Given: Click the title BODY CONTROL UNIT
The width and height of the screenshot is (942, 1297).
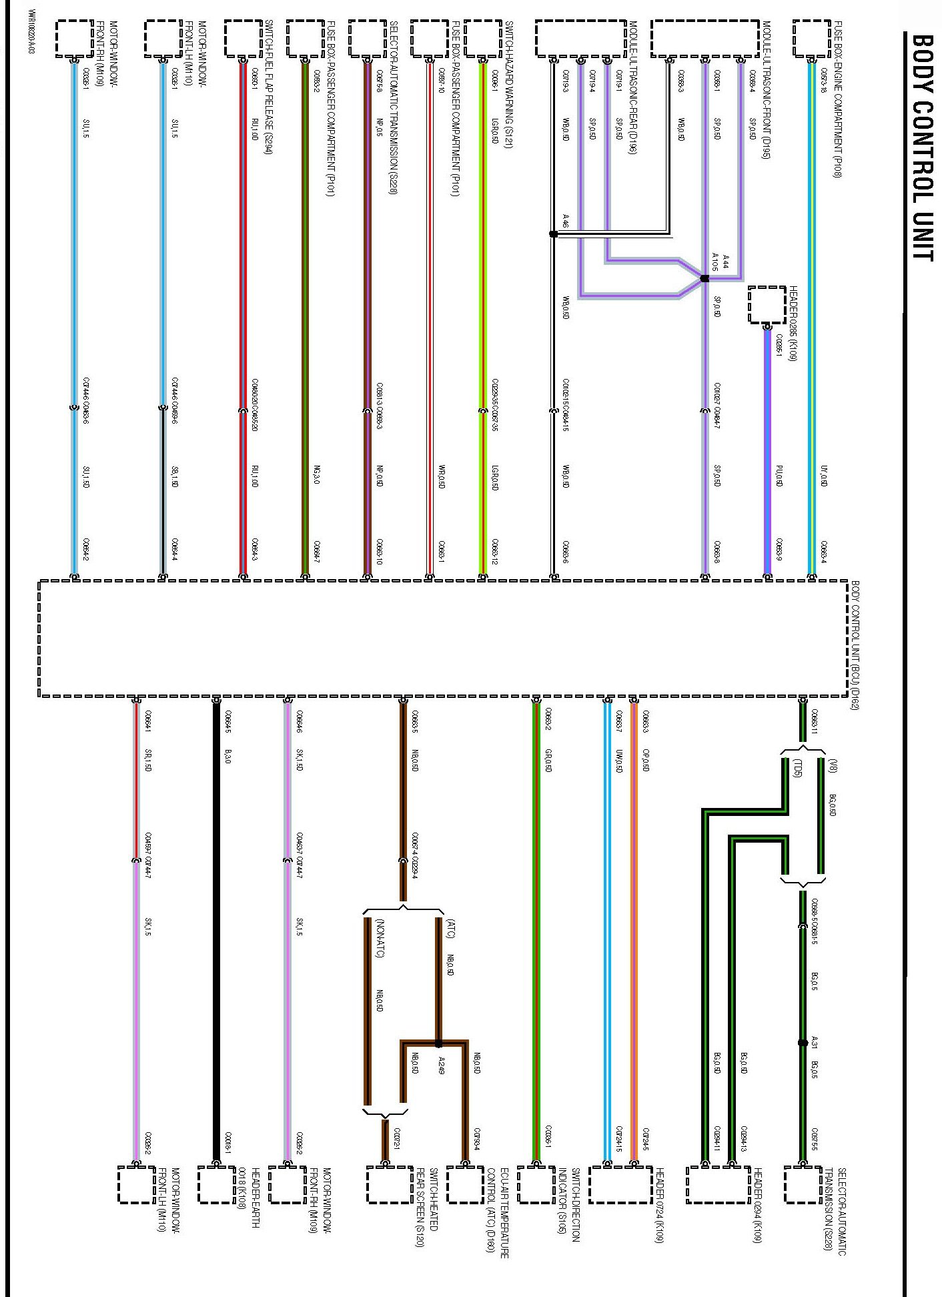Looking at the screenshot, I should pyautogui.click(x=921, y=147).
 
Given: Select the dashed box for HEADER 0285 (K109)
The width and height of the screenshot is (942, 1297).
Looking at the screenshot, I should pyautogui.click(x=767, y=305).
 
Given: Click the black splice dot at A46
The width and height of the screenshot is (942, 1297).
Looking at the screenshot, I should pyautogui.click(x=553, y=234).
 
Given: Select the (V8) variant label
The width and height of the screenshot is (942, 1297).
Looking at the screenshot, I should pyautogui.click(x=831, y=765).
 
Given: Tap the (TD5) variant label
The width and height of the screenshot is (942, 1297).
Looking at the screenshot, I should pyautogui.click(x=797, y=768).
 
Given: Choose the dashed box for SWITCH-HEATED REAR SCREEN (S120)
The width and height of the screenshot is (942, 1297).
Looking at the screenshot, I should pyautogui.click(x=390, y=1185).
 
